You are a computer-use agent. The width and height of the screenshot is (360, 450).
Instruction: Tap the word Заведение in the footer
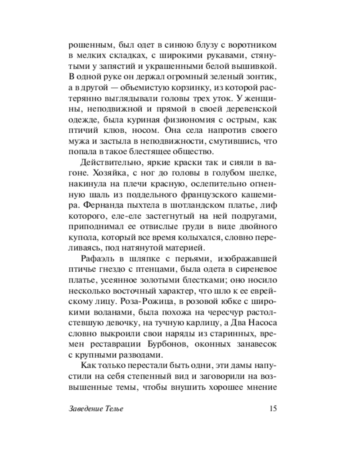tap(85, 409)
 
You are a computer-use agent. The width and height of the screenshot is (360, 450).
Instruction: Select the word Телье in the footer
tap(113, 409)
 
